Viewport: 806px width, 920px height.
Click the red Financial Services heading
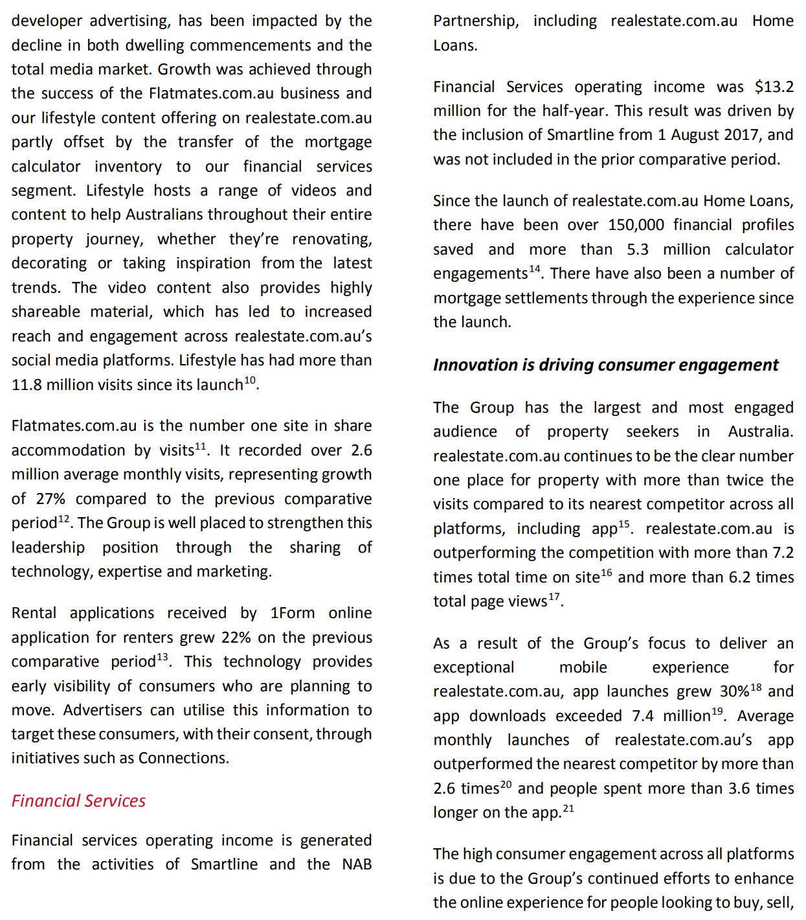78,801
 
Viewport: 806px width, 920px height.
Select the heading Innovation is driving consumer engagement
605,365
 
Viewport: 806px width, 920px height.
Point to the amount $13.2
774,87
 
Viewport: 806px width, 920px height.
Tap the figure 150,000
636,225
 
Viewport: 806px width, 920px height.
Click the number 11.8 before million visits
27,385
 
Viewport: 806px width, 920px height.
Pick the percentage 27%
50,499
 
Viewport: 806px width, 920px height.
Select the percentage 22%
236,638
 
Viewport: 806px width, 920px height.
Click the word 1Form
292,613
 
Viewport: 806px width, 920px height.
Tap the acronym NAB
357,864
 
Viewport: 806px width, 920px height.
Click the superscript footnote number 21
568,808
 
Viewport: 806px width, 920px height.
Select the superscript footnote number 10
250,380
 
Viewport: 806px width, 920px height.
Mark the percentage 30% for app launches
735,691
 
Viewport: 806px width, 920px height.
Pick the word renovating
331,239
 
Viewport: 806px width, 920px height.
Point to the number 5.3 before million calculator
638,249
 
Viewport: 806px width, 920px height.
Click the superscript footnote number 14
534,269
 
